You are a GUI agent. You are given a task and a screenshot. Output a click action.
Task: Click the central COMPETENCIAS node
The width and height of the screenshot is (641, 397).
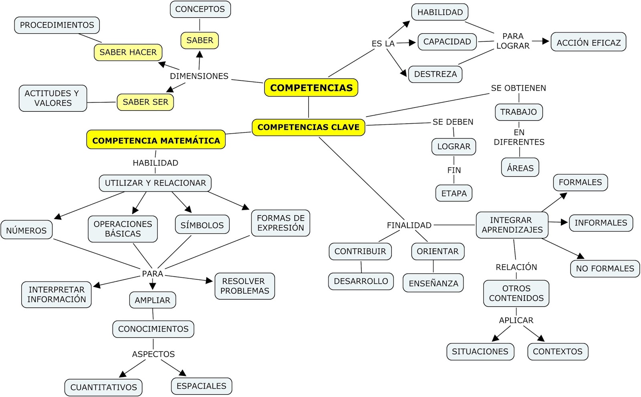(311, 88)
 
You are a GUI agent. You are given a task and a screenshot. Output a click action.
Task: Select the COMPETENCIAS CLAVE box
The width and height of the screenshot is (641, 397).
(308, 127)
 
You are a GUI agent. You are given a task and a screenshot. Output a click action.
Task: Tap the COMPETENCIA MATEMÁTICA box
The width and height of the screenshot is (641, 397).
(156, 140)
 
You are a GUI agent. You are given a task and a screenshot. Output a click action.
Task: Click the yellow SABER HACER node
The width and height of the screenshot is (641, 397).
(128, 52)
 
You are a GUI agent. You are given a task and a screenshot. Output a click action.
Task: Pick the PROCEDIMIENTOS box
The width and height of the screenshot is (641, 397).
(57, 25)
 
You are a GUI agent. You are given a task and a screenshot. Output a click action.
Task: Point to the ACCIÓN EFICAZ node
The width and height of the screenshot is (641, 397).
(588, 42)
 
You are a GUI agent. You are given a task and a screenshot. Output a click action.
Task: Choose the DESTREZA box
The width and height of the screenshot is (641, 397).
(435, 74)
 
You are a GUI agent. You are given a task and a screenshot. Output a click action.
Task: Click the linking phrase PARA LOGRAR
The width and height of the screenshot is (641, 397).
(513, 41)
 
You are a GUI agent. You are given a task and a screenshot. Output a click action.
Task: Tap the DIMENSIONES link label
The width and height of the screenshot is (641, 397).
(199, 76)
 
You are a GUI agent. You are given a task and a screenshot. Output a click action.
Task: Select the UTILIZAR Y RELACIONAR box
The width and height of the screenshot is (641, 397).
(155, 183)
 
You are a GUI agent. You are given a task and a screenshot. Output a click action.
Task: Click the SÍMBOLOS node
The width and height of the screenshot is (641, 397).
(202, 225)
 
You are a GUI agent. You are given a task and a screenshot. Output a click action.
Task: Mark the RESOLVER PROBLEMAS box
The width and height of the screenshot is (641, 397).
(245, 286)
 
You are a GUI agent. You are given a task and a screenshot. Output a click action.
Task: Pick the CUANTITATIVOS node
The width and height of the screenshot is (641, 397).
(103, 387)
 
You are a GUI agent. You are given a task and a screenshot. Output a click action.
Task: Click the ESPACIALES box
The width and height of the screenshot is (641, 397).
(201, 386)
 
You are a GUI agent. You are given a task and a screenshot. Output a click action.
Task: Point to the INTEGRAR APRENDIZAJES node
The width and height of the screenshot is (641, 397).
(512, 225)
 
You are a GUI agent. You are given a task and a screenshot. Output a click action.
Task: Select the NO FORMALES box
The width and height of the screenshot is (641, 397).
(605, 268)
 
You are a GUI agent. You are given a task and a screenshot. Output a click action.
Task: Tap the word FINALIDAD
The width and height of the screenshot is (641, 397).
(409, 225)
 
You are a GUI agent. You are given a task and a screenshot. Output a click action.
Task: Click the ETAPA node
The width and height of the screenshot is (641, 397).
(454, 193)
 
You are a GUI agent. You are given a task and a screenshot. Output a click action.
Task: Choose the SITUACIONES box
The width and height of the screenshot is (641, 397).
(480, 351)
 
